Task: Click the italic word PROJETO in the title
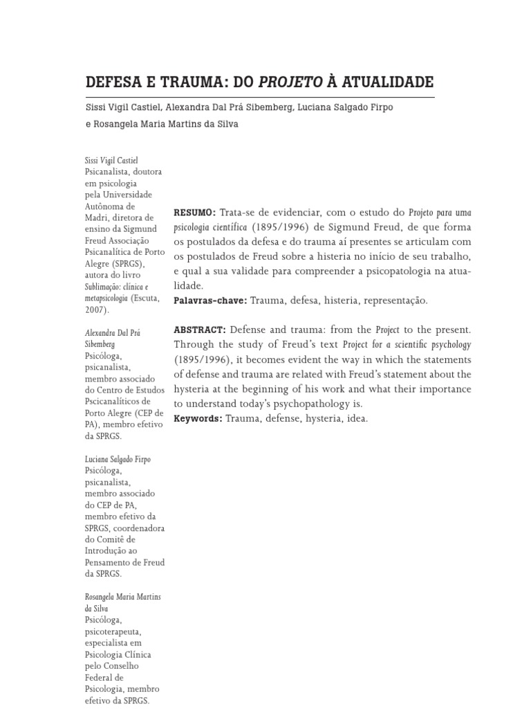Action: pos(290,82)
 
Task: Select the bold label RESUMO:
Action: pos(195,212)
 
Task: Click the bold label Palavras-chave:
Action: pos(210,300)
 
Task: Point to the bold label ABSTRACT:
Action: pos(200,330)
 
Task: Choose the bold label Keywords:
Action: pos(198,419)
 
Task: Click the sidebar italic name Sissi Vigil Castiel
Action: pos(111,161)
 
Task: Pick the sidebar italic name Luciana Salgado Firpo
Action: pos(118,459)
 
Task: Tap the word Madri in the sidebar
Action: pos(96,217)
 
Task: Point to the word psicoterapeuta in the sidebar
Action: pos(113,632)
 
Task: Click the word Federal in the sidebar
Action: pos(98,677)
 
